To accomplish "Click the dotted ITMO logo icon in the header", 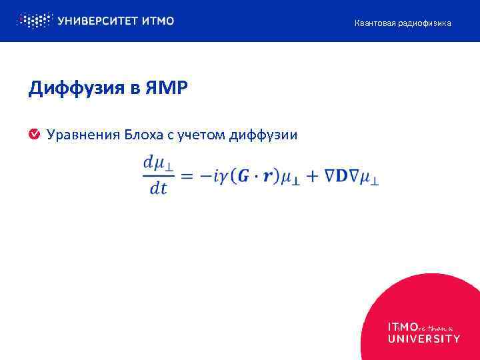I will tap(34, 21).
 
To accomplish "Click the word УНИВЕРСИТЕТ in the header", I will tap(97, 21).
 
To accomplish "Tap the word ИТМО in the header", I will tap(158, 21).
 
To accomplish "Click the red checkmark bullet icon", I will tap(33, 135).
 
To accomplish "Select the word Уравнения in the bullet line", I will tap(82, 135).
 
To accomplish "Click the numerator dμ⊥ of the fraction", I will tap(158, 163).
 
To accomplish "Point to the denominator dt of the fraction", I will tap(158, 189).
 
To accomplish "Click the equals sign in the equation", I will tap(188, 176).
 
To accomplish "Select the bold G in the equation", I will tap(245, 176).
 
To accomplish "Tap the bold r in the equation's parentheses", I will tap(269, 177).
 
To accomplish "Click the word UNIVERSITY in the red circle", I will tap(423, 339).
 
